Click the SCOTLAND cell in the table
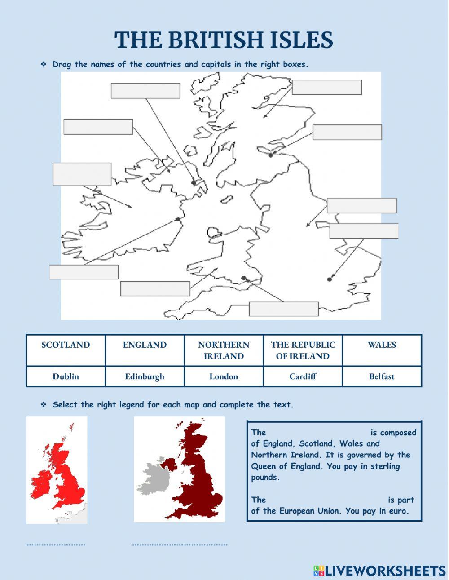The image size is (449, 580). click(66, 345)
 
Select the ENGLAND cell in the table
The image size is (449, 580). click(145, 345)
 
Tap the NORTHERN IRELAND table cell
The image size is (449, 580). click(224, 350)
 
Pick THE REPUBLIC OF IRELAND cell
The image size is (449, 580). click(303, 350)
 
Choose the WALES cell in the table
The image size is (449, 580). click(382, 345)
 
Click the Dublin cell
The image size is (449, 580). click(66, 376)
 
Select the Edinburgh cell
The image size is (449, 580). click(145, 376)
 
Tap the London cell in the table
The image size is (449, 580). click(224, 376)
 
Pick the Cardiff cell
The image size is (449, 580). click(303, 376)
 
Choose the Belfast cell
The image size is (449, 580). click(382, 376)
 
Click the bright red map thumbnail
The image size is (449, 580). click(57, 470)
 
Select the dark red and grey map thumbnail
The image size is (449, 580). click(179, 469)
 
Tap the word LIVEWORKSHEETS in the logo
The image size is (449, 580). click(385, 571)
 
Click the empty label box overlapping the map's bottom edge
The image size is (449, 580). click(284, 309)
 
